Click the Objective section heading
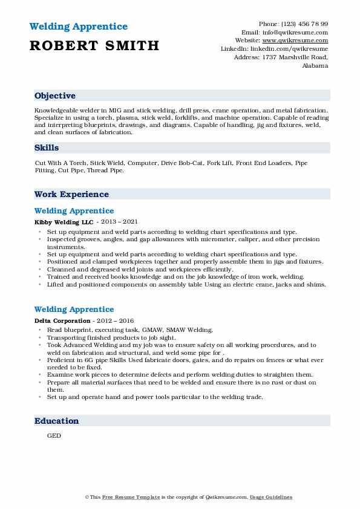click(55, 96)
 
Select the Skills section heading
click(47, 148)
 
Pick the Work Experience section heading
click(71, 194)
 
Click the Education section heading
click(56, 421)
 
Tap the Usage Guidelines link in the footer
click(271, 497)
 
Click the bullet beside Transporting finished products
click(39, 337)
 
